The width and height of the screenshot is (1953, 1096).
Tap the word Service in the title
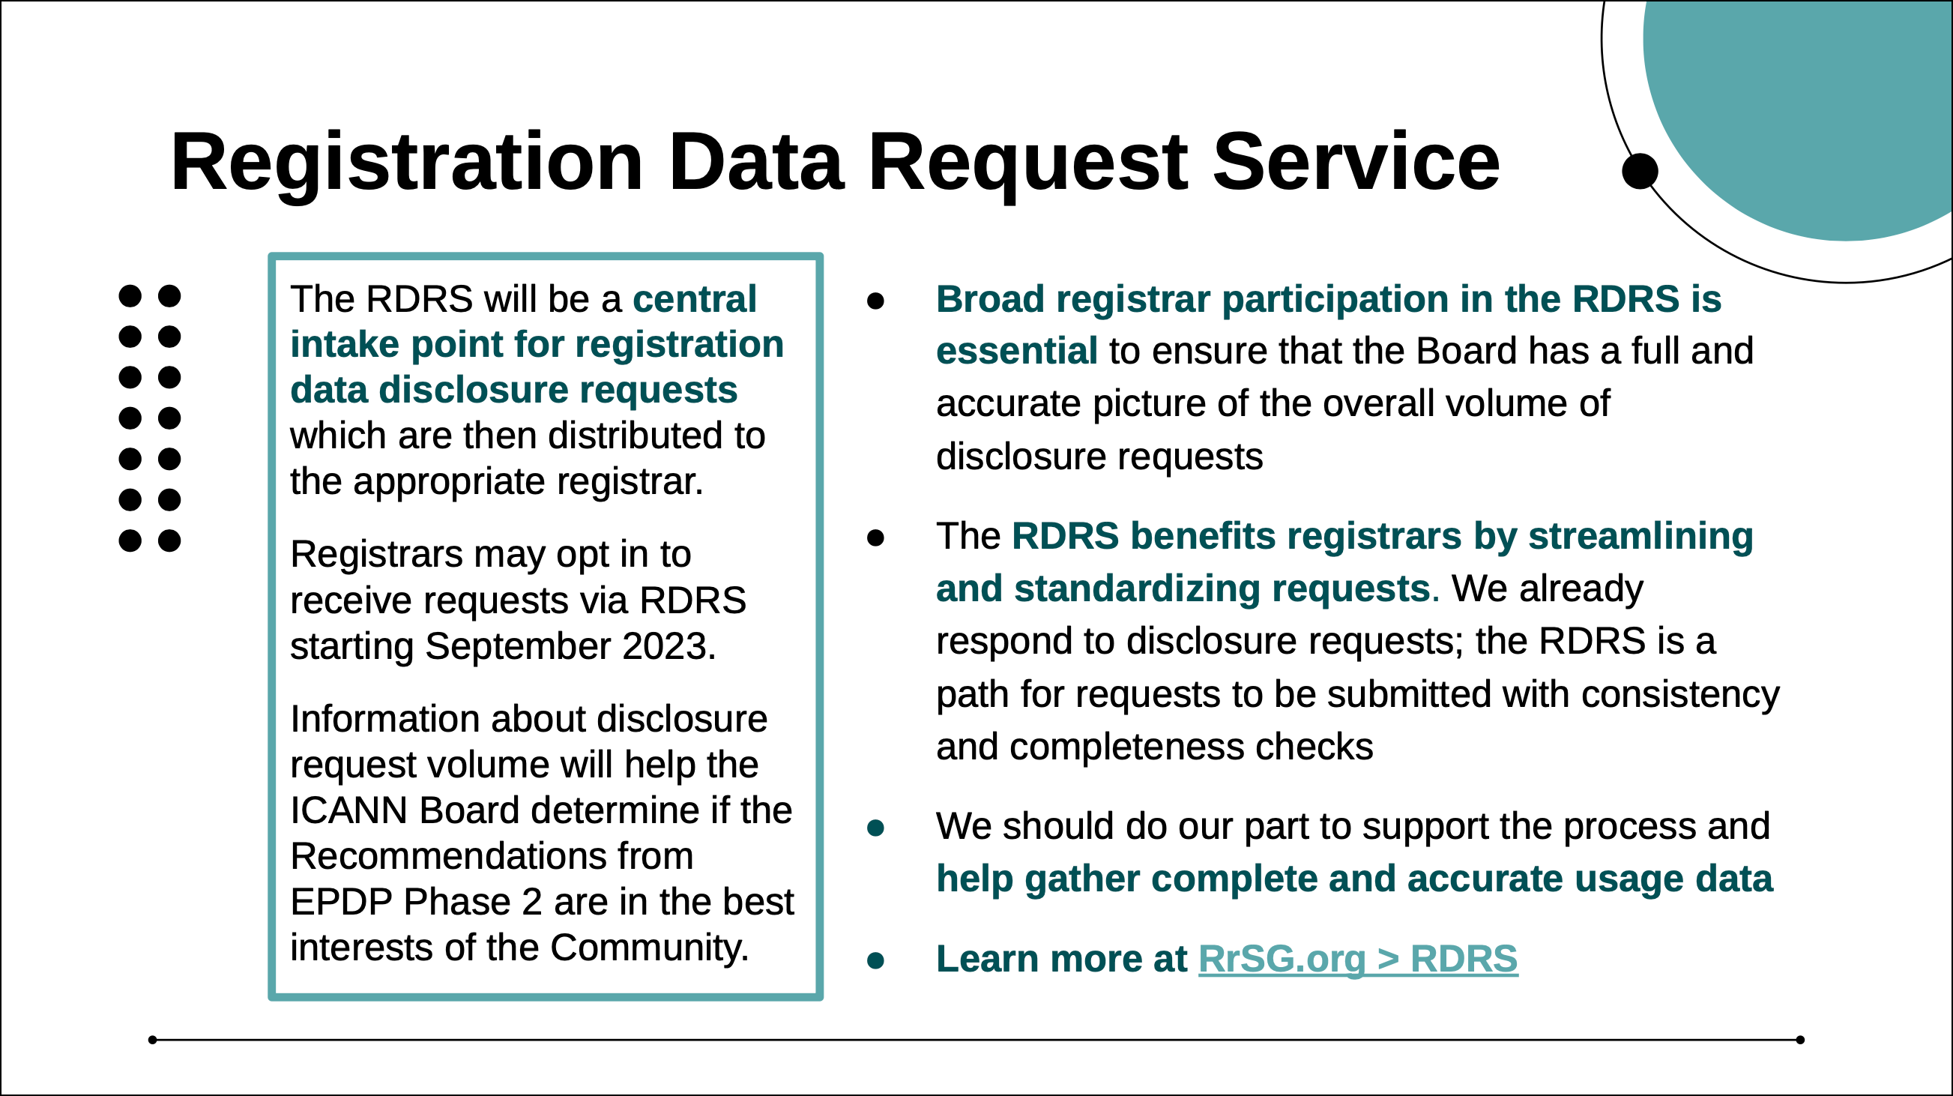click(x=1356, y=163)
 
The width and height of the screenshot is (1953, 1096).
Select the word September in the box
click(x=518, y=646)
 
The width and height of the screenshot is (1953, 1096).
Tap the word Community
click(x=649, y=949)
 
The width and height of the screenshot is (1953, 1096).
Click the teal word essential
click(x=1017, y=351)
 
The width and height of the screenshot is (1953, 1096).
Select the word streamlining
click(x=1640, y=537)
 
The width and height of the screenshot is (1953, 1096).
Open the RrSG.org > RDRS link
click(x=1358, y=960)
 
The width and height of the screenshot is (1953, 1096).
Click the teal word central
click(x=695, y=299)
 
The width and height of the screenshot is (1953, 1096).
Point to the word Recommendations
click(x=492, y=856)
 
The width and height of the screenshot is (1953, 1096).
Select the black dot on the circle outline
click(x=1640, y=172)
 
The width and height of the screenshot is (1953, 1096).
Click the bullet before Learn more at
click(x=875, y=961)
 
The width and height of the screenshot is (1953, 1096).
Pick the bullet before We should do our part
click(x=875, y=828)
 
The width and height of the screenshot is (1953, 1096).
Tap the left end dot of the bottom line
click(x=152, y=1040)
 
